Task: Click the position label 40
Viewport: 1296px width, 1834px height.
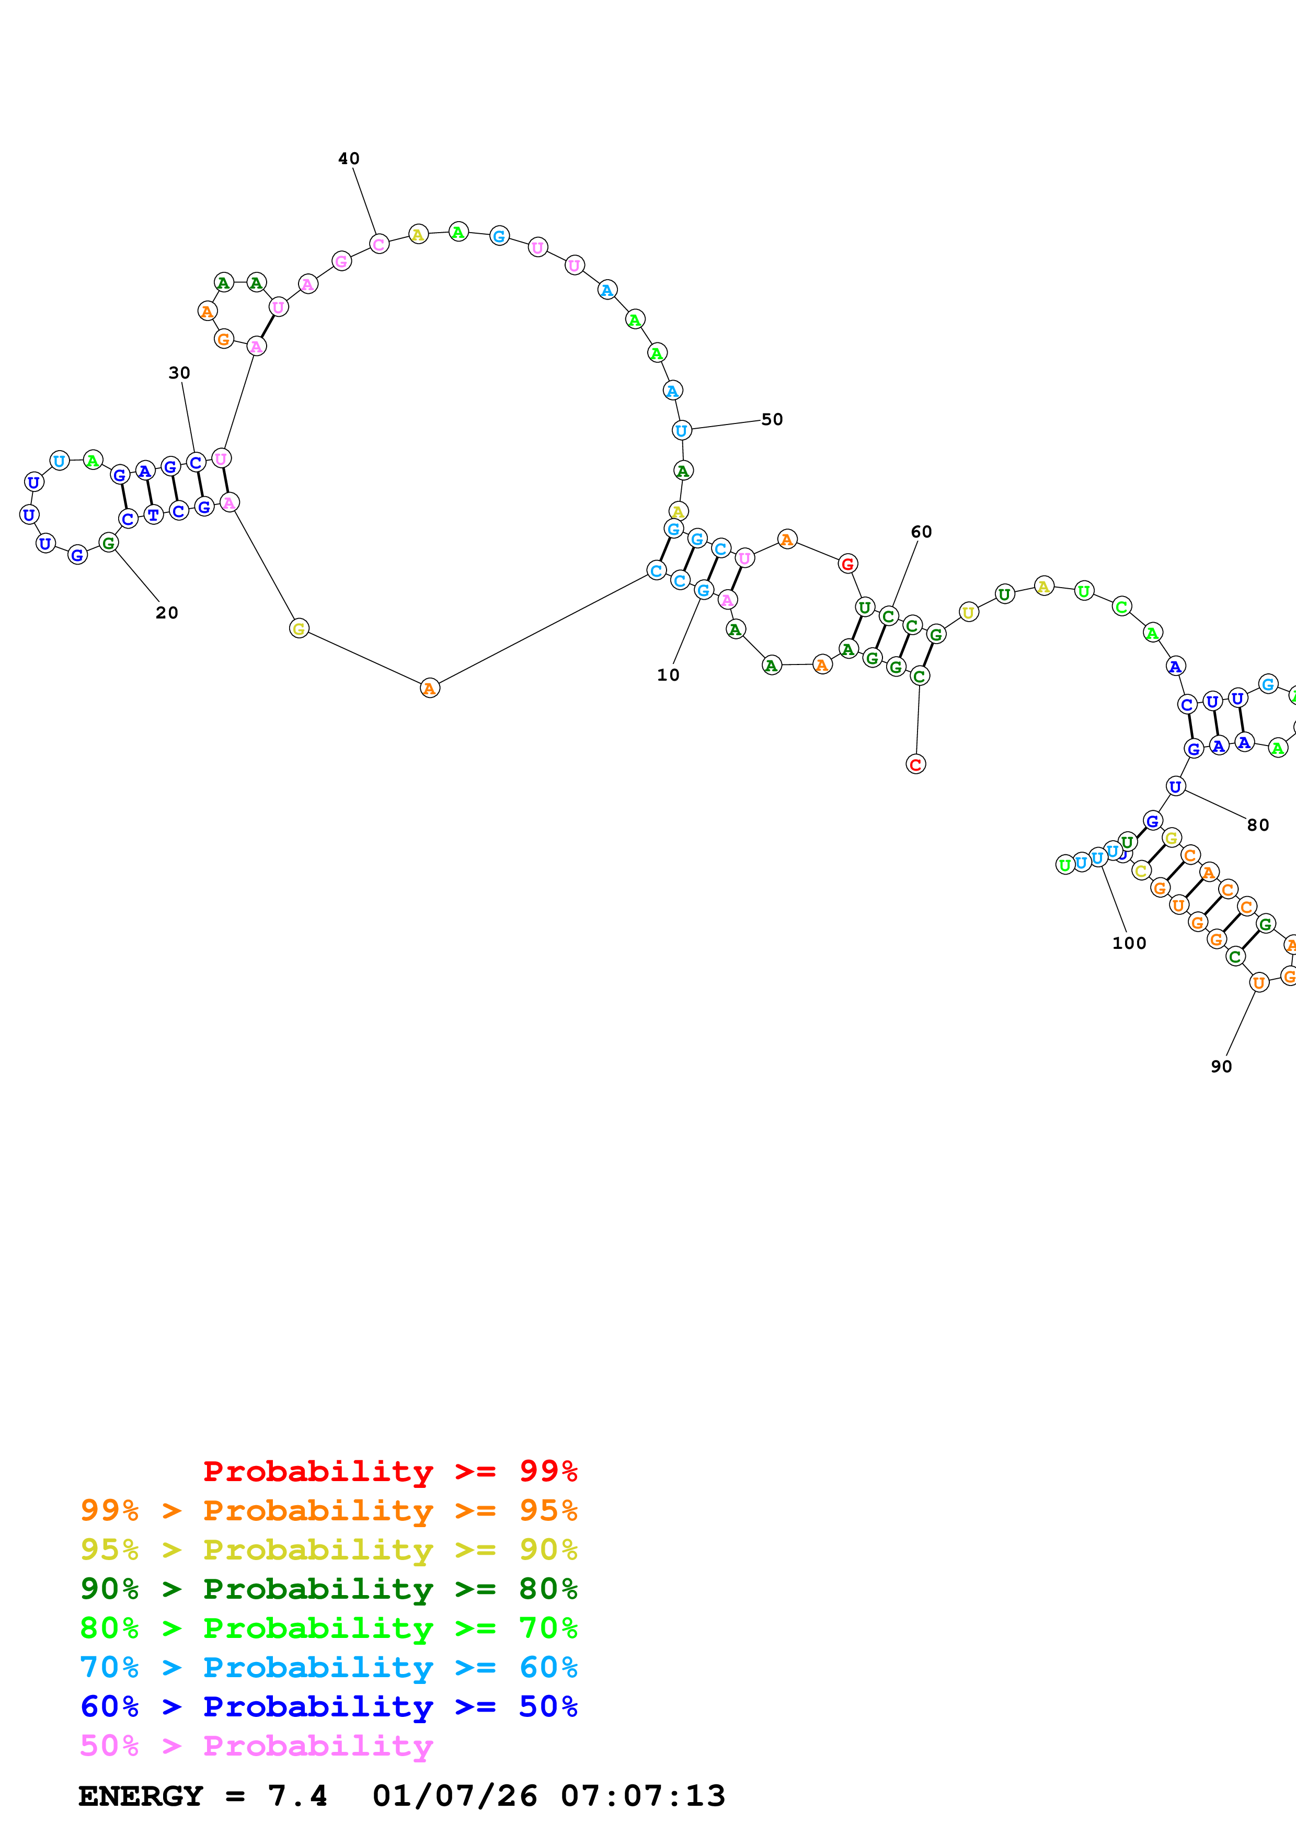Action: (349, 159)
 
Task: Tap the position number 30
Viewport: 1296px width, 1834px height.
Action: (180, 373)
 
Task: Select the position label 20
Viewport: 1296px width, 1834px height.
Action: (167, 613)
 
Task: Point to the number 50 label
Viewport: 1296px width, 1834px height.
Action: (772, 419)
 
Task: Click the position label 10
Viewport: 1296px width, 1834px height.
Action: (668, 675)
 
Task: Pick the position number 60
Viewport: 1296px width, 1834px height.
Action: (922, 532)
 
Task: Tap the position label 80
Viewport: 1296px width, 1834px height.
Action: (1258, 825)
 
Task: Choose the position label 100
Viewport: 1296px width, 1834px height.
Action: (1129, 943)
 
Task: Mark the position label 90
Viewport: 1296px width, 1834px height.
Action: (1222, 1067)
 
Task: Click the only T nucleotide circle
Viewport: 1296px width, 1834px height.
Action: (153, 515)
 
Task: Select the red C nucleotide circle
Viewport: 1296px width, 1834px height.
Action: (916, 764)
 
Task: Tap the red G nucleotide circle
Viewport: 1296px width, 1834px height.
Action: (848, 564)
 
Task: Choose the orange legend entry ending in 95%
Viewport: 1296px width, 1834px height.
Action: (329, 1510)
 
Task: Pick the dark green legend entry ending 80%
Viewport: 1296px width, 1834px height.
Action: (329, 1589)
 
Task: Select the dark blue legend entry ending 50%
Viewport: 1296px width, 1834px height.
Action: (329, 1706)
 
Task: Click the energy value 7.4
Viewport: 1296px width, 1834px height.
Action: (297, 1796)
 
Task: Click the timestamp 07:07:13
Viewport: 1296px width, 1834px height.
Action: (643, 1796)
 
